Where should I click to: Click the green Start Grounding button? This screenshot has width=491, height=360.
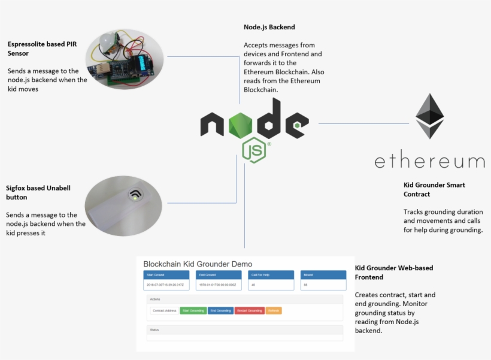pyautogui.click(x=193, y=311)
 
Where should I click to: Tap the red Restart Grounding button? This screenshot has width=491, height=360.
pyautogui.click(x=249, y=311)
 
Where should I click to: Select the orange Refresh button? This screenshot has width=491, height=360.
pyautogui.click(x=274, y=311)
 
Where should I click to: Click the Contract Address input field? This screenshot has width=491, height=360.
pyautogui.click(x=164, y=311)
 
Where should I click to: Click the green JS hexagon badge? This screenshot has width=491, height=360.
pyautogui.click(x=254, y=150)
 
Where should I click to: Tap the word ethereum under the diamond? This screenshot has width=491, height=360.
pyautogui.click(x=429, y=161)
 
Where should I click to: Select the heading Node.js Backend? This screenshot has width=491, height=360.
pyautogui.click(x=269, y=27)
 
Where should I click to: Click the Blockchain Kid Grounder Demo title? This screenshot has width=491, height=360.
pyautogui.click(x=198, y=264)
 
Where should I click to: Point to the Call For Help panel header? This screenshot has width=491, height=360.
pyautogui.click(x=271, y=275)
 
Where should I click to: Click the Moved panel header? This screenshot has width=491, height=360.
pyautogui.click(x=323, y=275)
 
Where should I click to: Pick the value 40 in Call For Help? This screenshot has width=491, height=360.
pyautogui.click(x=254, y=285)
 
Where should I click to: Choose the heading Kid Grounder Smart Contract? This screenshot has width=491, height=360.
pyautogui.click(x=434, y=189)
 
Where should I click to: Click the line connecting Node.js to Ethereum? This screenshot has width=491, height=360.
pyautogui.click(x=363, y=124)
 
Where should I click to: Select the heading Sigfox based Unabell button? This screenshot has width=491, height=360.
pyautogui.click(x=38, y=192)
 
